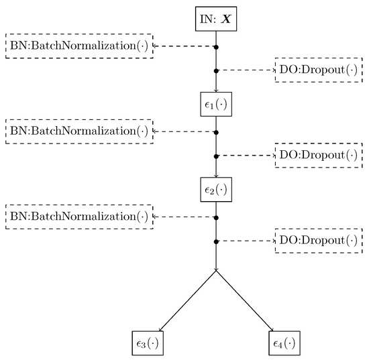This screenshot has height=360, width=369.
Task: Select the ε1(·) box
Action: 215,104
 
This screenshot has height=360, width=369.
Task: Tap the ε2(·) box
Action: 215,190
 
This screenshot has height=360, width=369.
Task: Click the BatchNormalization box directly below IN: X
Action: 79,46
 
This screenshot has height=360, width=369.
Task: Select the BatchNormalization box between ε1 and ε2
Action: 79,131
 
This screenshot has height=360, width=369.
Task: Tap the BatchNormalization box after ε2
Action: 79,217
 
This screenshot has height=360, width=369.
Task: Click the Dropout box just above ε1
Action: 319,70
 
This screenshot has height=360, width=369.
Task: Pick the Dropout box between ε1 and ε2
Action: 319,156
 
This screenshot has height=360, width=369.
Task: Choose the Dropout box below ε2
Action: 319,241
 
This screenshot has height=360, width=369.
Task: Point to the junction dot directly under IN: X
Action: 215,46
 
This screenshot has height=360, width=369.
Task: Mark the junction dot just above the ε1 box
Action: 215,70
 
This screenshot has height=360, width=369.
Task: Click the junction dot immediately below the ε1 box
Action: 215,131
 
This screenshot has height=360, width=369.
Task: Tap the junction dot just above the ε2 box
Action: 215,156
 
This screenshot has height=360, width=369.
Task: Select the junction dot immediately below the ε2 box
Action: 215,217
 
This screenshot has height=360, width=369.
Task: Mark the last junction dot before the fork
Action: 215,241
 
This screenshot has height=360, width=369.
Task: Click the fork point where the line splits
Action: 215,270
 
